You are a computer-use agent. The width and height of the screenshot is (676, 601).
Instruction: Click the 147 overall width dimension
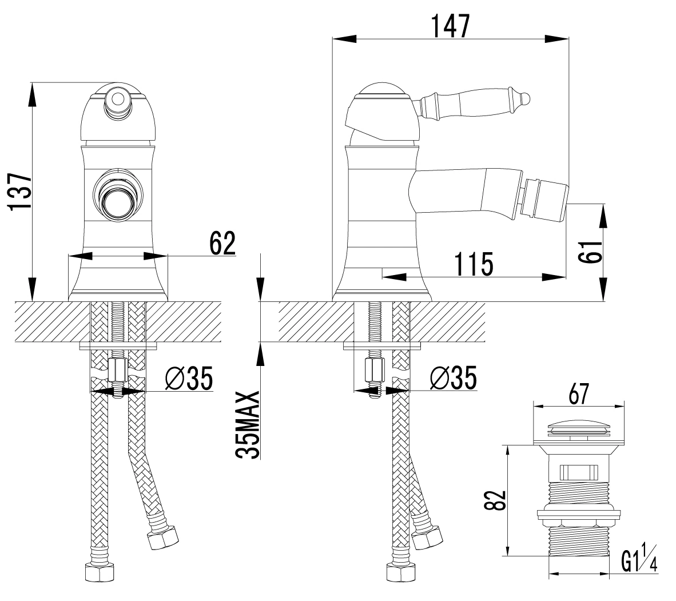pos(451,26)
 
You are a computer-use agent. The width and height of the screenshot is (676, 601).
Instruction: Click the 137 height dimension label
pos(20,192)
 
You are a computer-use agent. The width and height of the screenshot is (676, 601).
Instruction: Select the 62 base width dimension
pos(222,243)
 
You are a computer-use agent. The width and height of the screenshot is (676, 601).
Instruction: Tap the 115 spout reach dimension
pos(474,264)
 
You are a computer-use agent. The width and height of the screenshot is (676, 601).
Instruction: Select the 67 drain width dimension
pos(579,393)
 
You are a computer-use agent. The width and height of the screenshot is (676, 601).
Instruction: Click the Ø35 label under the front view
pos(189,377)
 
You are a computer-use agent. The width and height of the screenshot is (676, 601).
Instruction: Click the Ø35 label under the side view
pos(454,377)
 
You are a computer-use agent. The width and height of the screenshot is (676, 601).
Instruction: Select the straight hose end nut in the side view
pos(400,574)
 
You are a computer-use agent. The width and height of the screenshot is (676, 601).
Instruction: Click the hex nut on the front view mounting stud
pos(118,370)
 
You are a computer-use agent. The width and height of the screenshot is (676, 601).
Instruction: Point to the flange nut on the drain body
pos(579,515)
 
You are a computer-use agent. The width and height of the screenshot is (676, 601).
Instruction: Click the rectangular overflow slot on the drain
pos(579,472)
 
